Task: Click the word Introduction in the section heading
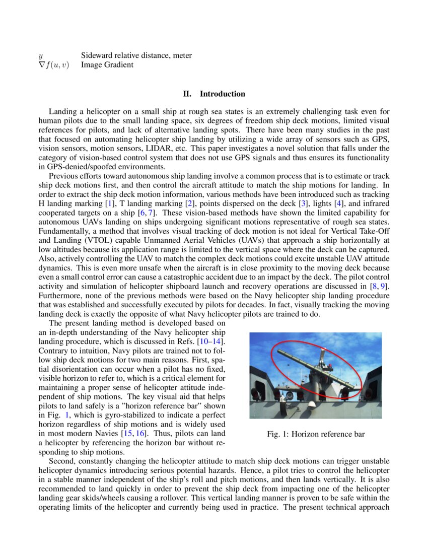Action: [223, 94]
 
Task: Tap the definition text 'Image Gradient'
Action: [107, 64]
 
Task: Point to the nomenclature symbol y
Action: [41, 55]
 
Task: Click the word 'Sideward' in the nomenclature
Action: [97, 55]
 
